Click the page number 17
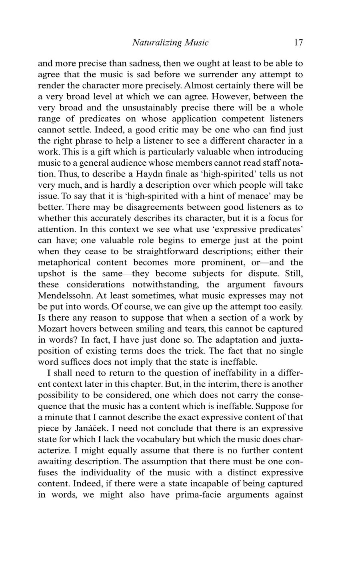(x=298, y=42)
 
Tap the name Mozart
(x=56, y=329)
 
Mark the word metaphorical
(x=62, y=263)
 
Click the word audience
(x=128, y=163)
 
